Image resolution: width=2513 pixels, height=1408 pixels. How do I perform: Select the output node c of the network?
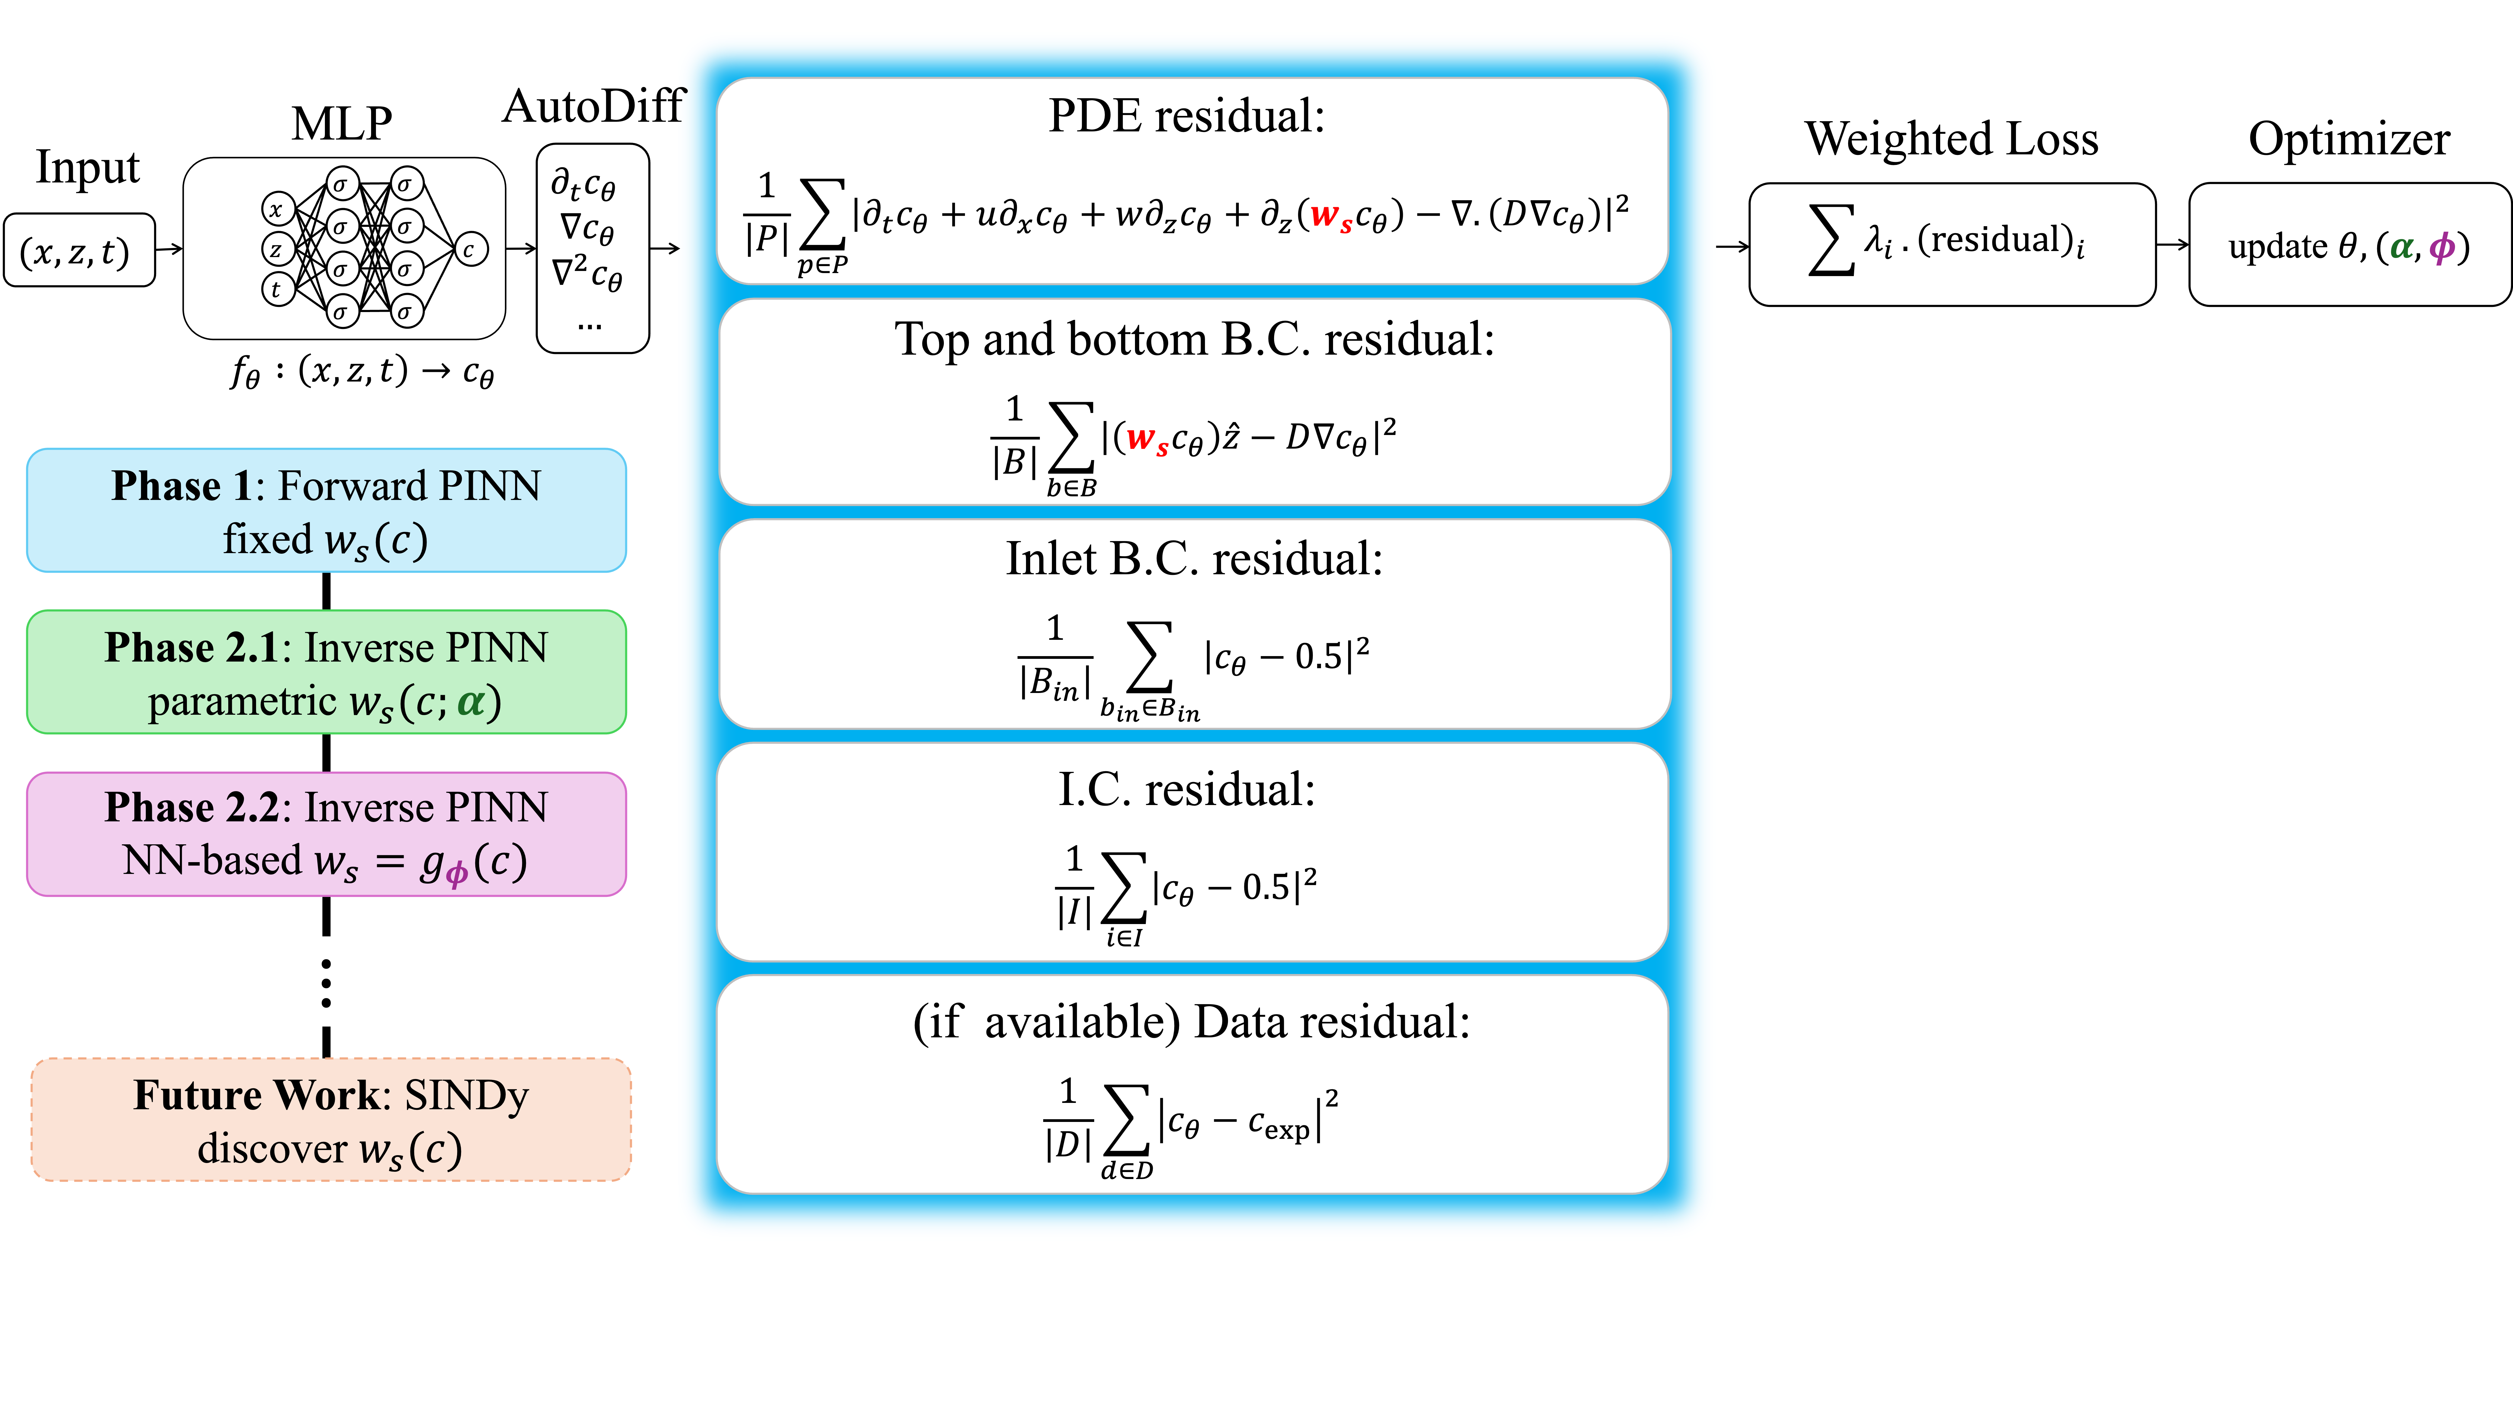click(470, 250)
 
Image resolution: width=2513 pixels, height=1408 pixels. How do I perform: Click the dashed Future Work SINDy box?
click(331, 1120)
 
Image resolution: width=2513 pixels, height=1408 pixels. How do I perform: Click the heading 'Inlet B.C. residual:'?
click(1194, 559)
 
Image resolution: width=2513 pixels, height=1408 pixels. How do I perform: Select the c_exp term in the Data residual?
click(1279, 1125)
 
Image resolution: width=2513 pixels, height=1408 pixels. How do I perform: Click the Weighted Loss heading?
click(1951, 139)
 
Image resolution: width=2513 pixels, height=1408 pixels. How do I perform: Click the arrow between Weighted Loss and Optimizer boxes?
click(2172, 245)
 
